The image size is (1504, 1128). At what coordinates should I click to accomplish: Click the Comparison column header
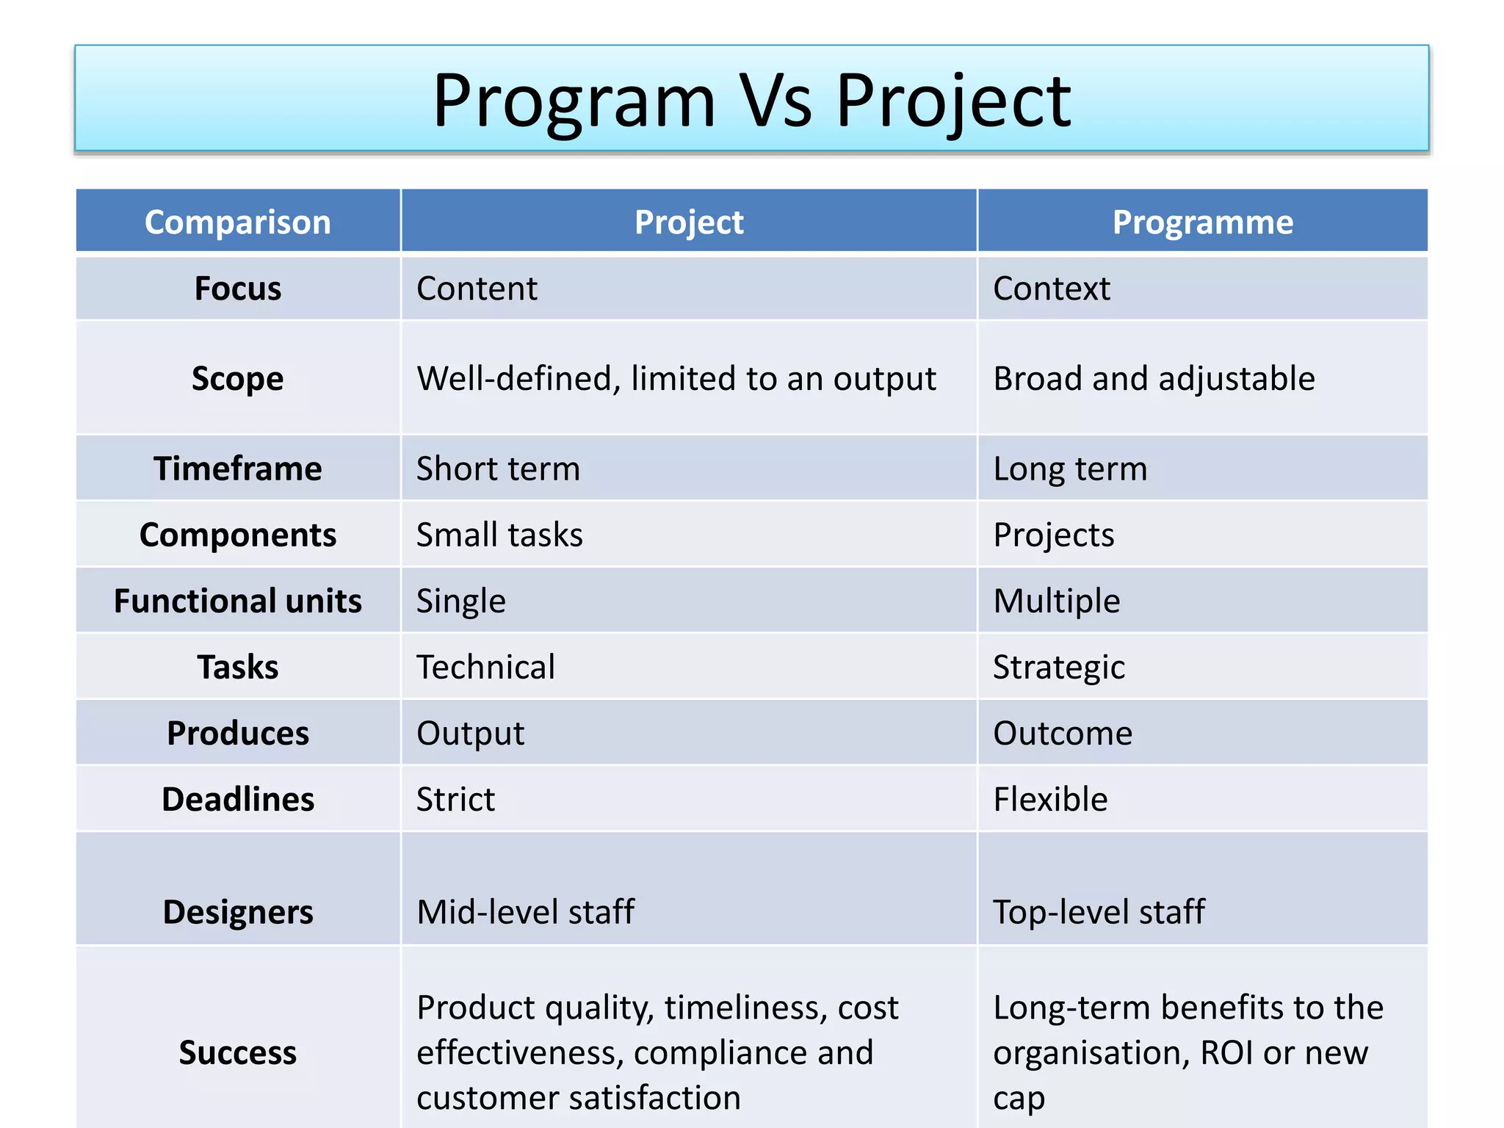point(237,222)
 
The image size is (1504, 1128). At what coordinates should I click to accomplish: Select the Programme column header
point(1202,222)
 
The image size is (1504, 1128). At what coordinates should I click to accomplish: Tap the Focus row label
point(237,289)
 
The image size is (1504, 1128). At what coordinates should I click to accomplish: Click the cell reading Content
point(477,289)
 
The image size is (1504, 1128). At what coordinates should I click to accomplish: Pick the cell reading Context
point(1051,289)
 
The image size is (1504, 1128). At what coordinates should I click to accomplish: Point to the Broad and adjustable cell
point(1153,379)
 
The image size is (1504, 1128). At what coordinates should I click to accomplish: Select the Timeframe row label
point(237,469)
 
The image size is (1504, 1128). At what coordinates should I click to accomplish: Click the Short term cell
point(498,469)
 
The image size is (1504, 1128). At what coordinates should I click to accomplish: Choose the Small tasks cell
point(499,535)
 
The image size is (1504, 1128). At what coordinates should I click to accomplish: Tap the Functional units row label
point(237,601)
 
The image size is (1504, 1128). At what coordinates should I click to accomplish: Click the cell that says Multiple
point(1056,601)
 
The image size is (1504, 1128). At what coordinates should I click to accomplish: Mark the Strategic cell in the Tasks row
point(1058,668)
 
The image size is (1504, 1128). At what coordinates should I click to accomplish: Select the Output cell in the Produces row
point(470,734)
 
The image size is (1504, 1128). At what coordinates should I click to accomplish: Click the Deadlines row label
point(237,800)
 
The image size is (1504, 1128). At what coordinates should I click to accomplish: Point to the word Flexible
point(1050,800)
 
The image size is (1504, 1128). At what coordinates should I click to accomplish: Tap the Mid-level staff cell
point(525,912)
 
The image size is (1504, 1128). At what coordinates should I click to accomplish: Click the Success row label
point(237,1052)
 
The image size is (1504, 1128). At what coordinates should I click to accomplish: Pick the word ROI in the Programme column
point(1226,1052)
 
